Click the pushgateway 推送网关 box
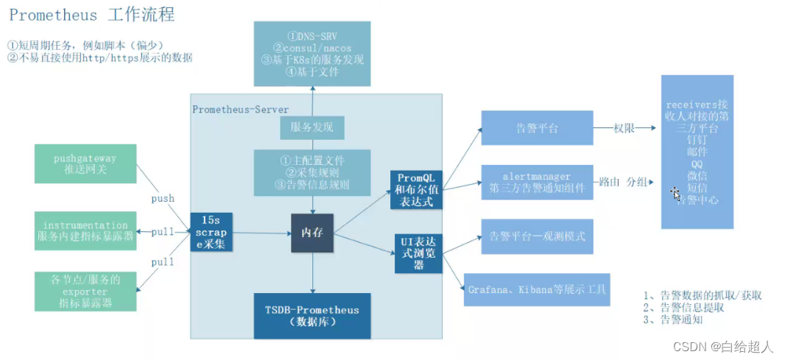tap(85, 163)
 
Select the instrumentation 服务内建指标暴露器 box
tap(85, 230)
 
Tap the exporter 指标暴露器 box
tap(85, 291)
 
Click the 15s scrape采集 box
tap(212, 232)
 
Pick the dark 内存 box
tap(312, 233)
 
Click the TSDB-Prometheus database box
tap(312, 316)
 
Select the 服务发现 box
tap(312, 127)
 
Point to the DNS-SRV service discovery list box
tap(312, 53)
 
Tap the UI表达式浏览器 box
tap(418, 253)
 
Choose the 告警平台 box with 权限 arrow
tap(537, 128)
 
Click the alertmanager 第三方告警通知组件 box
tap(537, 182)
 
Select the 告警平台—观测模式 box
tap(537, 237)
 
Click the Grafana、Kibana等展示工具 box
tap(537, 290)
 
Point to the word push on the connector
tap(163, 198)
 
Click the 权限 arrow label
tap(624, 128)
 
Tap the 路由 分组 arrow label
tap(623, 181)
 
